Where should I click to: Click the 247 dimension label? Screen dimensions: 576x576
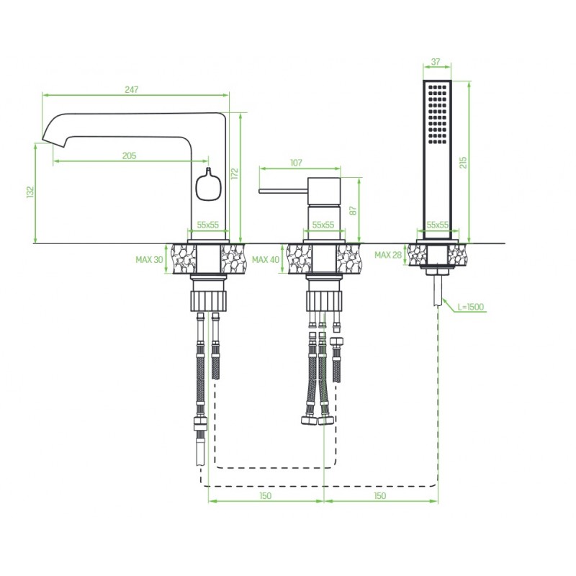(131, 89)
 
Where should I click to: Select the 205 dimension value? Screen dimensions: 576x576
(129, 156)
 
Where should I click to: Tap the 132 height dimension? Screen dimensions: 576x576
(30, 192)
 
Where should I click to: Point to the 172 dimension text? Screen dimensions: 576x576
(235, 174)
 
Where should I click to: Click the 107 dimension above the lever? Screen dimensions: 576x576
(296, 163)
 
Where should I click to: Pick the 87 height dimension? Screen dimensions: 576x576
(353, 210)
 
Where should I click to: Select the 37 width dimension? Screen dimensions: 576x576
(436, 62)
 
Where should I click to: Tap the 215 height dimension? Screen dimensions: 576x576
(463, 163)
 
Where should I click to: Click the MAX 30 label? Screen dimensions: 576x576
(149, 260)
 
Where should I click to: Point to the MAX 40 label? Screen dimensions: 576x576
(266, 260)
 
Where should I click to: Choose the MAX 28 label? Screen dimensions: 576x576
(388, 255)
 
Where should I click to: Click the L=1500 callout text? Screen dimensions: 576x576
(471, 307)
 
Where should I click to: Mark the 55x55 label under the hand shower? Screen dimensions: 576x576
(438, 225)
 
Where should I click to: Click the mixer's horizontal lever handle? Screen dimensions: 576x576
(283, 191)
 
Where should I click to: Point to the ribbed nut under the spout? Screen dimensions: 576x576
(208, 300)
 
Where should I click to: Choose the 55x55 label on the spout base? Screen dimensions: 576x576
(208, 225)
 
